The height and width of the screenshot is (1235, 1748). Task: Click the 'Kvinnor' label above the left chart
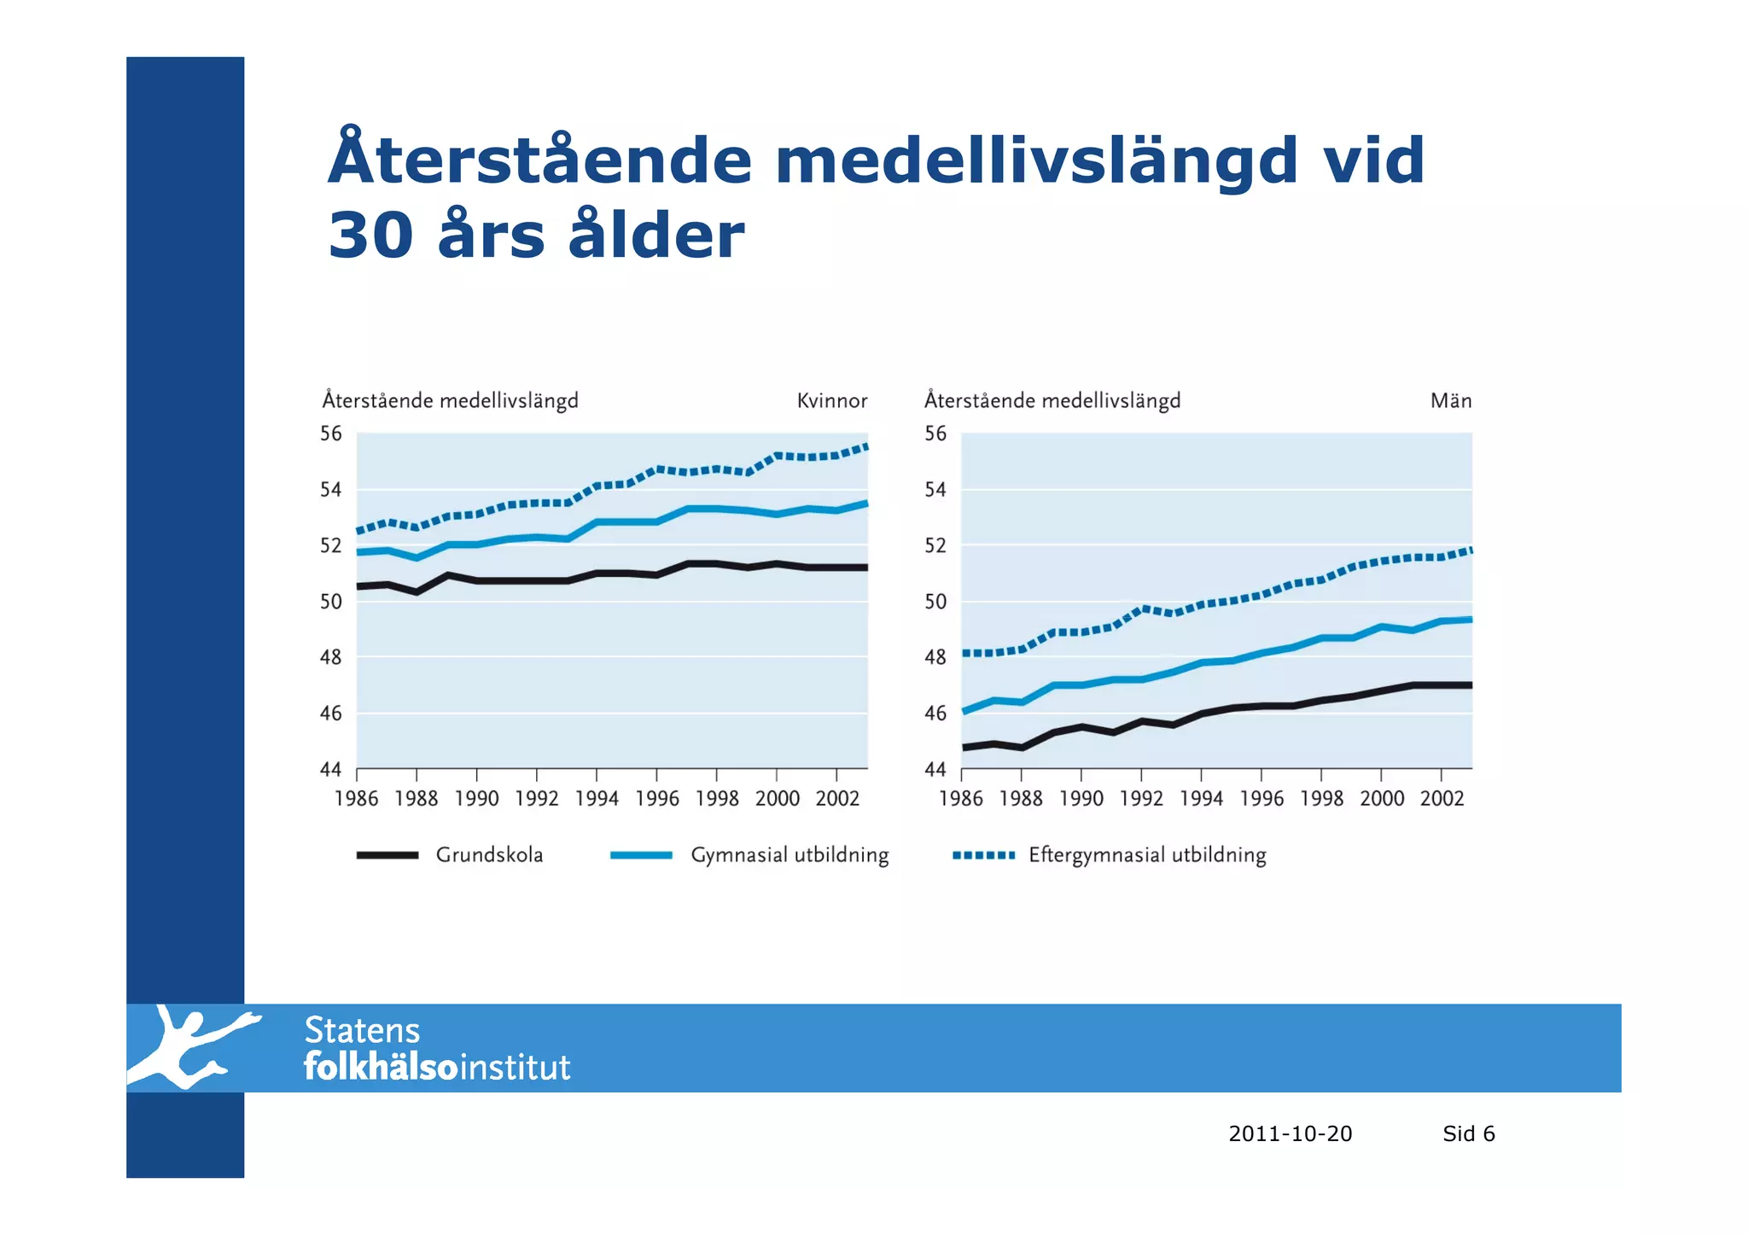point(831,401)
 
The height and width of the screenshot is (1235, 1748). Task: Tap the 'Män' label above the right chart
point(1450,401)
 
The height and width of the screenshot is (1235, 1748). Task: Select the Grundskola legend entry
point(489,855)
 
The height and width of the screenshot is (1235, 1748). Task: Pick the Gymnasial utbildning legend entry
point(789,855)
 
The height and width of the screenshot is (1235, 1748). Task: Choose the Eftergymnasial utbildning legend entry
point(1146,855)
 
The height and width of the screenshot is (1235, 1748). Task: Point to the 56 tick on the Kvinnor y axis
point(331,434)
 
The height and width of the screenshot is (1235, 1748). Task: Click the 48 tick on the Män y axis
point(935,657)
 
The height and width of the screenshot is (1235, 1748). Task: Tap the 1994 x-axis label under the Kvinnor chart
point(597,799)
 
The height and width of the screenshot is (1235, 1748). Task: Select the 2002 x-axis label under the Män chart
point(1442,799)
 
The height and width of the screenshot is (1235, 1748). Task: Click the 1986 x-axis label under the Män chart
point(961,799)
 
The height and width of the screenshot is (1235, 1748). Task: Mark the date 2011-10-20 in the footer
point(1290,1133)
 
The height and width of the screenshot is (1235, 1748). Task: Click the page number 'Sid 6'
point(1468,1133)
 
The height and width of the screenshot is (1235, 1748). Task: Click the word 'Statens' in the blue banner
point(362,1031)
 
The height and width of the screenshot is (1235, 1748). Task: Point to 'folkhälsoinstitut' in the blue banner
point(437,1068)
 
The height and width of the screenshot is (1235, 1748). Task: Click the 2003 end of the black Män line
point(1471,685)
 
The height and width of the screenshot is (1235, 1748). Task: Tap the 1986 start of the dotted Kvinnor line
point(359,531)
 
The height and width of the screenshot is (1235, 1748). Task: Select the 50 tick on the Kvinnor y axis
point(331,602)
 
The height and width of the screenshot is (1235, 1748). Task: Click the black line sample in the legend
point(387,855)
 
